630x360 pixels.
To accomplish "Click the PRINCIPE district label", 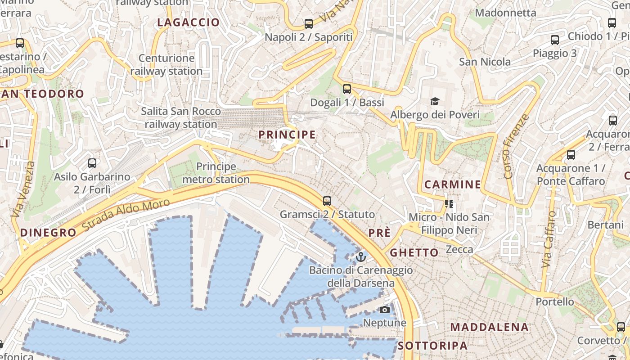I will pyautogui.click(x=287, y=135).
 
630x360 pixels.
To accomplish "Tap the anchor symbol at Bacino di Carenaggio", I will pyautogui.click(x=360, y=257).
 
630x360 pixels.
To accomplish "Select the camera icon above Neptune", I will pyautogui.click(x=384, y=310).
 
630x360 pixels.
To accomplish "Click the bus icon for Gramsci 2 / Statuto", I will pyautogui.click(x=327, y=201).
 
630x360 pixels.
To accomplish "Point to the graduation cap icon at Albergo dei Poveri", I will pyautogui.click(x=435, y=101).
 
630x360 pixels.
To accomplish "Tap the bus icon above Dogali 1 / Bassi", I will pyautogui.click(x=346, y=89).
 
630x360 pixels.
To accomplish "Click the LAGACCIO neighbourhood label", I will pyautogui.click(x=189, y=22).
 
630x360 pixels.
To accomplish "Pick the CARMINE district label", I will pyautogui.click(x=453, y=184).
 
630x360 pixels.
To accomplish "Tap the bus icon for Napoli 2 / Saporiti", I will pyautogui.click(x=309, y=24).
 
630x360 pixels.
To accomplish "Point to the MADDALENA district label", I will pyautogui.click(x=490, y=327).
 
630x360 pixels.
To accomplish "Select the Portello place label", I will pyautogui.click(x=555, y=301).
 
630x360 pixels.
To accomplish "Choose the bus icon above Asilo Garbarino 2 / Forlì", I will pyautogui.click(x=92, y=163).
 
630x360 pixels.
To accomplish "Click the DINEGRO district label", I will pyautogui.click(x=49, y=233).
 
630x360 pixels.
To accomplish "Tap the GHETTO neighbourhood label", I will pyautogui.click(x=414, y=252).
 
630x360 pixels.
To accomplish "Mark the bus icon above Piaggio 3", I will pyautogui.click(x=555, y=40).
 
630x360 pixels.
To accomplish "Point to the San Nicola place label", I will pyautogui.click(x=485, y=62).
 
